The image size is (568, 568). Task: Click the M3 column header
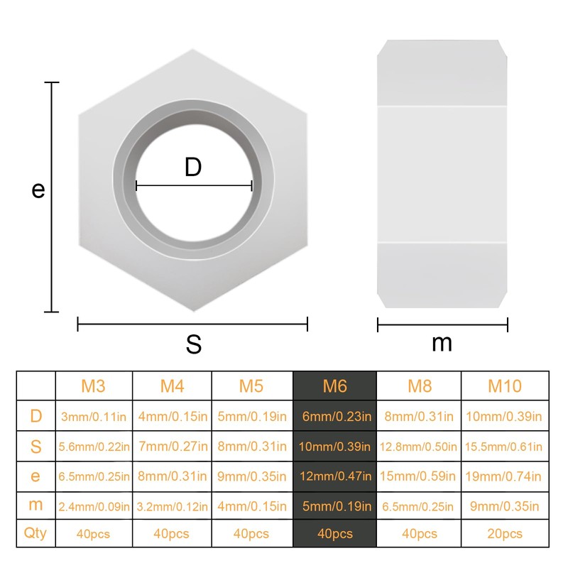click(x=93, y=386)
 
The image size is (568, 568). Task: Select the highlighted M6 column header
click(x=334, y=386)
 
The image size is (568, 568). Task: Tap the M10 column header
click(x=505, y=386)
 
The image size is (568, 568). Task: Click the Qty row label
click(x=35, y=533)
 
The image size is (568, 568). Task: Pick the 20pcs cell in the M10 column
click(x=505, y=534)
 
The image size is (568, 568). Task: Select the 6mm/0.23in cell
click(x=334, y=416)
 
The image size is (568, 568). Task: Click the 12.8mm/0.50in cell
click(x=418, y=447)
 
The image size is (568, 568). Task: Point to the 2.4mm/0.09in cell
click(x=94, y=506)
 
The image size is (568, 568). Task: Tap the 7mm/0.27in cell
click(x=172, y=447)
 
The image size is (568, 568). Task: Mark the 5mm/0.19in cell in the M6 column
click(x=334, y=506)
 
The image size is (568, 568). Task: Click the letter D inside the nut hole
click(x=193, y=168)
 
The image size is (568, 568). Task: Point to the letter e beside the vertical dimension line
click(x=38, y=190)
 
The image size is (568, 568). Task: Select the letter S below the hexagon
click(x=194, y=344)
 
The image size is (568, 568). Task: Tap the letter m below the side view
click(x=442, y=343)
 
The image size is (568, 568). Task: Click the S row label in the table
click(x=35, y=446)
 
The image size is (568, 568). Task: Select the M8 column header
click(x=418, y=386)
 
